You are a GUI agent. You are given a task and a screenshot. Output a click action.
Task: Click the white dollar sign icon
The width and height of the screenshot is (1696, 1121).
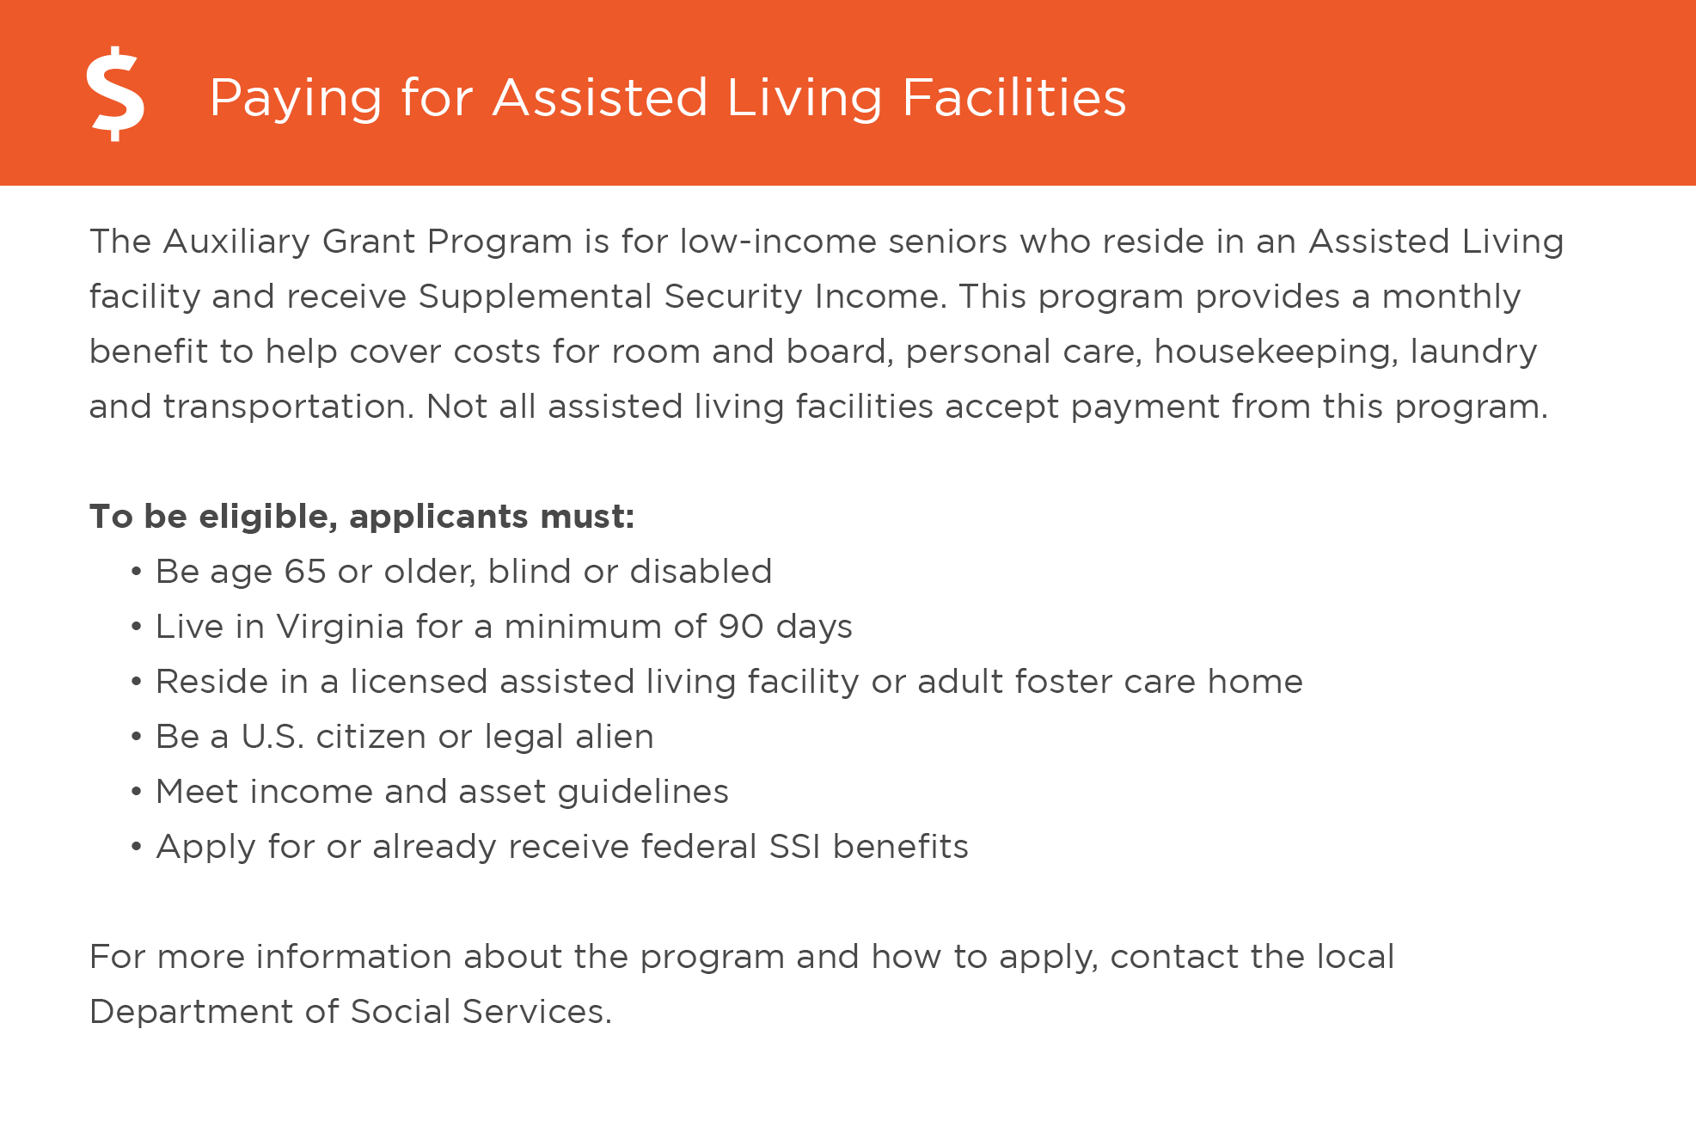coord(115,94)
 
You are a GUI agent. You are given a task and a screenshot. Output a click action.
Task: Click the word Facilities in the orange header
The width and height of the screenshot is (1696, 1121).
coord(1013,97)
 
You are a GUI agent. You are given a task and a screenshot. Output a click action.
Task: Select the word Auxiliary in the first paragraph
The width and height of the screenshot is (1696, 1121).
coord(236,242)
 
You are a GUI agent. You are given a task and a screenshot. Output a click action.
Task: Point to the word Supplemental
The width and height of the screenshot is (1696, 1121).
coord(536,297)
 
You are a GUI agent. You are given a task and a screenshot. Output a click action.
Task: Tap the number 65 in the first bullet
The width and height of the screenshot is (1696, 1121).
coord(305,572)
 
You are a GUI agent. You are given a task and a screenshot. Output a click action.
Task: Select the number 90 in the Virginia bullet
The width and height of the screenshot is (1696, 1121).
coord(741,627)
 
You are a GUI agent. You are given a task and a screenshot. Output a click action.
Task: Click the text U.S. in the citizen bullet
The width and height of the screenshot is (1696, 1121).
coord(272,737)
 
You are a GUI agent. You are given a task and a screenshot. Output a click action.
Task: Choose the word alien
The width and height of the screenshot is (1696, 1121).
coord(615,737)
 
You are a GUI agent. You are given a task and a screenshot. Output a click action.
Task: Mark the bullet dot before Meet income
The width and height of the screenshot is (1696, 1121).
coord(136,792)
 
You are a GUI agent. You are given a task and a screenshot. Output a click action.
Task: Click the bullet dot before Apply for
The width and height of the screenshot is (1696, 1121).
coord(136,847)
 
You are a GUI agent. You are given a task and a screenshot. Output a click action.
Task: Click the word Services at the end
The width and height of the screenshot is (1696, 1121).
coord(536,1012)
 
